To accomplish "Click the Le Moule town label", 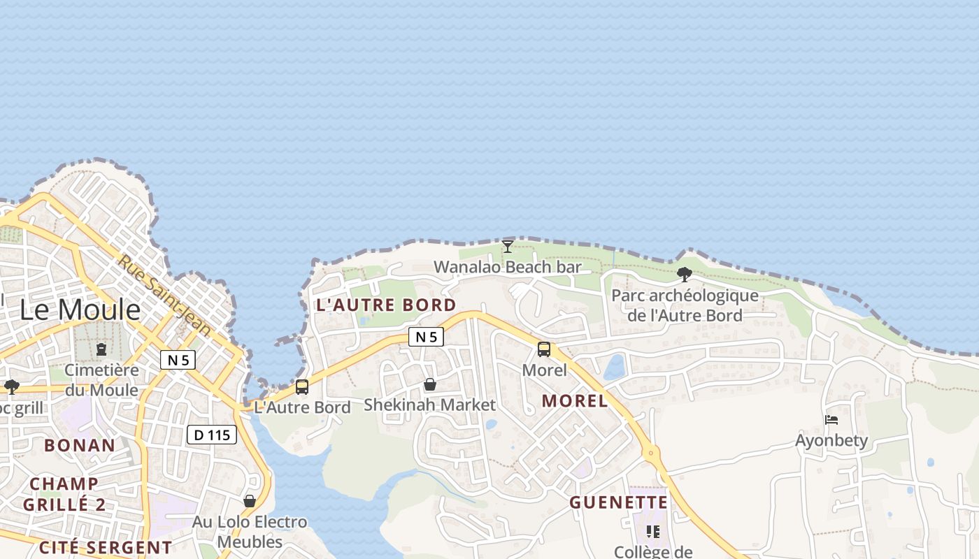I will [x=80, y=310].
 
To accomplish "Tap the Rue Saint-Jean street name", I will [x=164, y=293].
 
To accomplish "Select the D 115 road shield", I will [x=212, y=435].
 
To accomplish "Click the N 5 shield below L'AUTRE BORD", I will [x=426, y=337].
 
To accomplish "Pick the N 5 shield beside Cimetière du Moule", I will [x=178, y=360].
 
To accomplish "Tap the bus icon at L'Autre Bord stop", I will [x=302, y=386].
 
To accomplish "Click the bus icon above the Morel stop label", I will [x=544, y=349].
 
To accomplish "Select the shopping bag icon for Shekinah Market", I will [x=430, y=385].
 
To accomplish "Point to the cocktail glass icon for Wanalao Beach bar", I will [x=508, y=247].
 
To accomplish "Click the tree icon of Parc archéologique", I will [x=685, y=275].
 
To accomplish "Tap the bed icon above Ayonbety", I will [x=831, y=420].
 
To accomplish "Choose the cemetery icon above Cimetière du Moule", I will [x=101, y=348].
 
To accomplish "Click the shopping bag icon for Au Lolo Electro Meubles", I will [x=250, y=501].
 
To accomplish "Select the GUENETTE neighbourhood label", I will [x=618, y=502].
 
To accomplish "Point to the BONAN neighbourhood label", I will [x=80, y=445].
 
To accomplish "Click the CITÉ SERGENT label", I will [x=105, y=547].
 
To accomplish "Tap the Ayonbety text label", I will [x=831, y=440].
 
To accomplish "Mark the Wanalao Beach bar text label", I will [x=508, y=267].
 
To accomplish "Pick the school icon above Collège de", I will [x=652, y=532].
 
